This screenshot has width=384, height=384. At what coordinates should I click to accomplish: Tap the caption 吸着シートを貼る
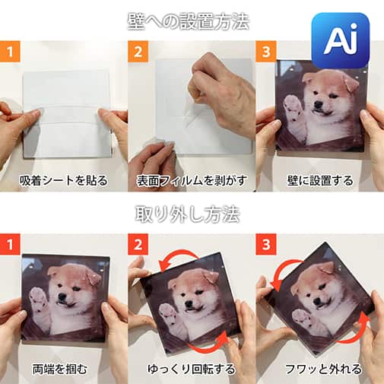[65, 180]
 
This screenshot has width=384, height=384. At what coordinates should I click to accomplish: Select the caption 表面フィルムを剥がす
[192, 180]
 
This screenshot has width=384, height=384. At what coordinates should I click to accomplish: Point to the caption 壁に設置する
[320, 180]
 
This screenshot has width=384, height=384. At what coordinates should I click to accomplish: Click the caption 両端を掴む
[64, 370]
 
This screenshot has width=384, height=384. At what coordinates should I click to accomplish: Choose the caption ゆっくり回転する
[192, 370]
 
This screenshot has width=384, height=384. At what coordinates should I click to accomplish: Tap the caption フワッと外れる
[320, 370]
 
